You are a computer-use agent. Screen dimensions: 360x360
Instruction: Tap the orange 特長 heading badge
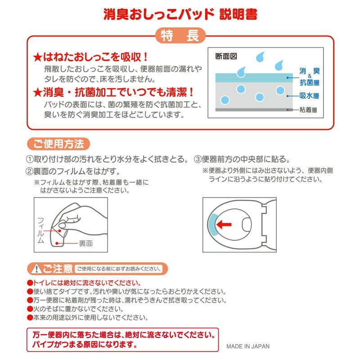point(180,36)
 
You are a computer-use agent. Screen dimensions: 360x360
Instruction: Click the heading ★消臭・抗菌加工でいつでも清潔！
point(114,92)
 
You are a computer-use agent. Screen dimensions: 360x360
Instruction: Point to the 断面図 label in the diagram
point(226,56)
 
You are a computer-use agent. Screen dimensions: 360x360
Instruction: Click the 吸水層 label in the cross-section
point(309,95)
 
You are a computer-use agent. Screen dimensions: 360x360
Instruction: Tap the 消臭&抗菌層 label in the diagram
point(309,76)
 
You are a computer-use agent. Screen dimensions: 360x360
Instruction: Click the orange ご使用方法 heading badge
point(58,144)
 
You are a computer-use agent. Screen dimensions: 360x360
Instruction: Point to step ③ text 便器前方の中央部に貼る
point(242,159)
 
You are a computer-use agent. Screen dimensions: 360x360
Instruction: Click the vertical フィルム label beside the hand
point(40,229)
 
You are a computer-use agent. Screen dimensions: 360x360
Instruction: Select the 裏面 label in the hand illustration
point(86,243)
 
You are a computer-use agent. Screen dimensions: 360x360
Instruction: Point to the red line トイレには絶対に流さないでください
point(84,283)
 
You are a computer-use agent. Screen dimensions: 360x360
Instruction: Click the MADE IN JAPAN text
point(248,346)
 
